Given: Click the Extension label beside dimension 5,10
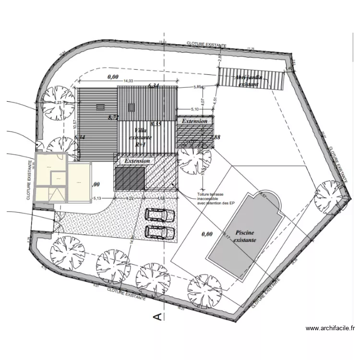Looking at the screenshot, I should [194, 121].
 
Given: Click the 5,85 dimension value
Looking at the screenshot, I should [198, 87].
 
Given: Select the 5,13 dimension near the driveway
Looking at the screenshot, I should [97, 198].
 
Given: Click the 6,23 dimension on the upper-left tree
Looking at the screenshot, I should [58, 103].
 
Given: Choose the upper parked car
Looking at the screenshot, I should [159, 216].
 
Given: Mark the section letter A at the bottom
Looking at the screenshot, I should [156, 315].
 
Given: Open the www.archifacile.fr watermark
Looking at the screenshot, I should [330, 329].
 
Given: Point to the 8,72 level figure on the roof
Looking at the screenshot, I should [113, 117].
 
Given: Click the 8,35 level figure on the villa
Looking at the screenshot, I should [156, 124].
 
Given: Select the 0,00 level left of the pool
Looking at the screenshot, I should [207, 234].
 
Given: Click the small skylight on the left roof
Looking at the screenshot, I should [100, 107].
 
